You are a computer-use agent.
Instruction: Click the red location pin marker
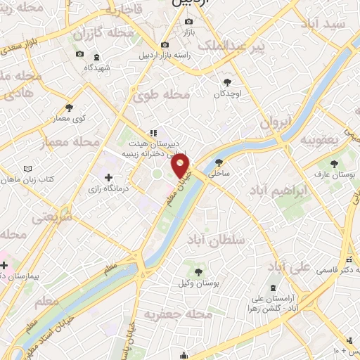[x=181, y=167]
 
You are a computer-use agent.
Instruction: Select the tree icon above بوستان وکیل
[x=199, y=271]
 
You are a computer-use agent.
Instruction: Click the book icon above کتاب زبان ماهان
[x=28, y=169]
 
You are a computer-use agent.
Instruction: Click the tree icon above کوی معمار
[x=69, y=108]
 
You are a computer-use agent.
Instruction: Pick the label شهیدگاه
[x=99, y=67]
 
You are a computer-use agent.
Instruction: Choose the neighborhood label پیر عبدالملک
[x=240, y=46]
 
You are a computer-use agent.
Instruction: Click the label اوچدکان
[x=227, y=94]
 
